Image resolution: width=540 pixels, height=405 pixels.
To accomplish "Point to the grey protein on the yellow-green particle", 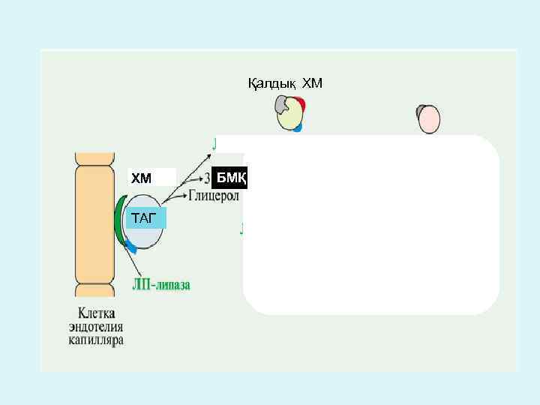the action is pos(282,104).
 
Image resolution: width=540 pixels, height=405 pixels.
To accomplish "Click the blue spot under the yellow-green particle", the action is pos(298,128).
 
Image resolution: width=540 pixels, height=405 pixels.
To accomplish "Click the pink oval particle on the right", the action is pos(430,119).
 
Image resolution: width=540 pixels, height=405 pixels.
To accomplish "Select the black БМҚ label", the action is pos(230,178).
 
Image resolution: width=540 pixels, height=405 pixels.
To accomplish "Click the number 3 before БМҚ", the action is pos(208,178).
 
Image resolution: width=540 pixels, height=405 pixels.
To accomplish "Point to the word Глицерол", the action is pos(214,196).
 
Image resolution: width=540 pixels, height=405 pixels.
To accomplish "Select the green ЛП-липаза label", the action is pos(161,285).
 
